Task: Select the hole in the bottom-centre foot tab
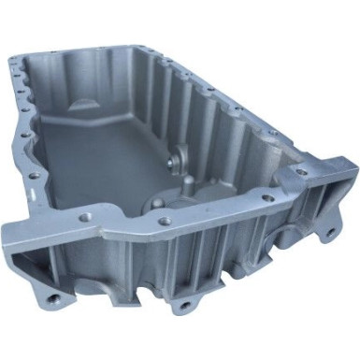point(181,306)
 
